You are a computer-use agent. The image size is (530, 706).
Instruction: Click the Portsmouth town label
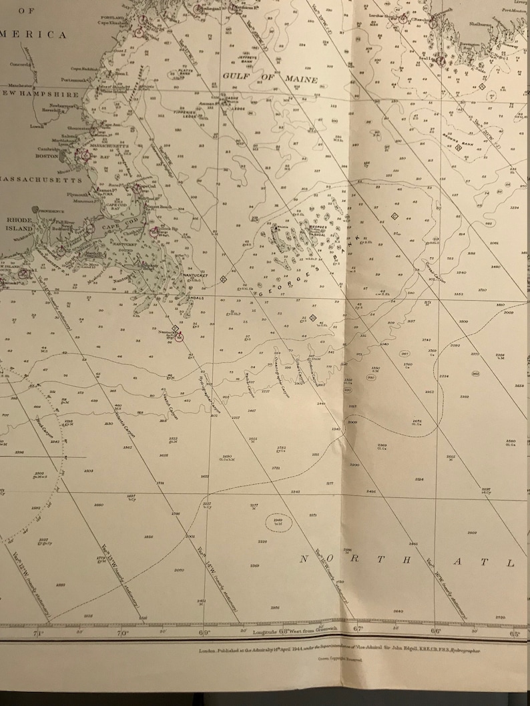pos(75,79)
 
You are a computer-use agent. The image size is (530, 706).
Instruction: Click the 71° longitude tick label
pos(39,633)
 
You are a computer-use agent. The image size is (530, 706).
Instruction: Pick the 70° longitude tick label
pos(123,633)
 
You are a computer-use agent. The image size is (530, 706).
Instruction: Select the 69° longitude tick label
pos(206,633)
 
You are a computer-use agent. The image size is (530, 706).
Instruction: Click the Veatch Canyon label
pos(169,403)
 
